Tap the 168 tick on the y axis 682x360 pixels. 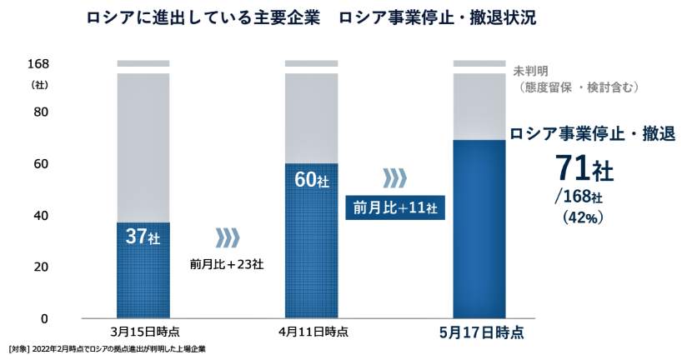[x=38, y=64]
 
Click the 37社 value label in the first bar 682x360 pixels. [x=142, y=237]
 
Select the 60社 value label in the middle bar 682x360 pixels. [x=310, y=178]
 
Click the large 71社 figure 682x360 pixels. [x=585, y=169]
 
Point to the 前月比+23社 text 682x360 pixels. [x=227, y=265]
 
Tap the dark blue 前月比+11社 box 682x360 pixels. [x=395, y=207]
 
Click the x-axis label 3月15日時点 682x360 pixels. [x=143, y=332]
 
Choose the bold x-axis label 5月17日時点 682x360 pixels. [x=481, y=332]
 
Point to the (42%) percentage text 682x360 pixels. [x=579, y=217]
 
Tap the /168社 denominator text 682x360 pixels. [x=577, y=197]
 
